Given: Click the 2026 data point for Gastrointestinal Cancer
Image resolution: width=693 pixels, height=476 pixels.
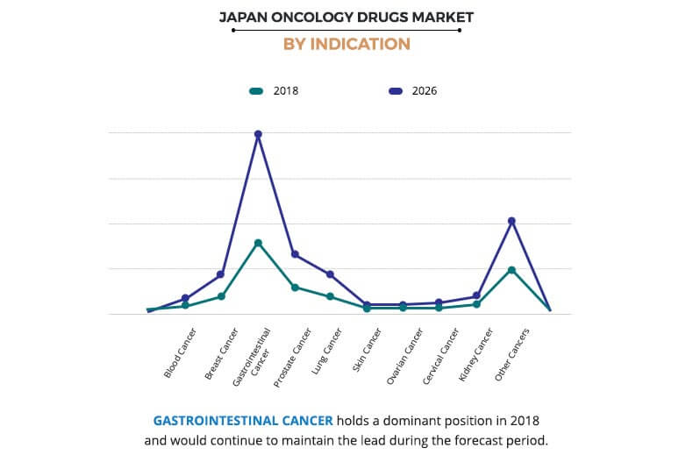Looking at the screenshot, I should tap(258, 134).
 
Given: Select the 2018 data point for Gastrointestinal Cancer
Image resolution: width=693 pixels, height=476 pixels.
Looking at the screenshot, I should tap(258, 243).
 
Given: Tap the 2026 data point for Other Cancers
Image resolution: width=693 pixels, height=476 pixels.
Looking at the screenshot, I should tap(511, 221).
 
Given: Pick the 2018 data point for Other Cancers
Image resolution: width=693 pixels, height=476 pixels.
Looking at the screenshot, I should tap(511, 270).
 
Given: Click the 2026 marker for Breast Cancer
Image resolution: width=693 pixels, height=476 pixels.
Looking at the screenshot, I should tap(221, 274).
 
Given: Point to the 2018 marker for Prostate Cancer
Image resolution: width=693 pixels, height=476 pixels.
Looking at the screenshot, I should tap(295, 288).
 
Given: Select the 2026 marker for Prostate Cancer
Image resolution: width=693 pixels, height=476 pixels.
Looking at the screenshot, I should tap(295, 254).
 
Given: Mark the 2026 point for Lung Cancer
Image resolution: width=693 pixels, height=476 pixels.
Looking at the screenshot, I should tap(330, 274).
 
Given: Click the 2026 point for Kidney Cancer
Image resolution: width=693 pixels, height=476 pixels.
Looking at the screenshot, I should tap(476, 295).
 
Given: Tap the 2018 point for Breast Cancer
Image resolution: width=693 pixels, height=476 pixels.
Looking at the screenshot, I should tap(221, 296).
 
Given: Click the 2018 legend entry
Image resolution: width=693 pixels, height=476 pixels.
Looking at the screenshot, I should tap(274, 90).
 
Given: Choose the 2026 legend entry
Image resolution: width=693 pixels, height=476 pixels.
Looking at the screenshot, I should tap(412, 90).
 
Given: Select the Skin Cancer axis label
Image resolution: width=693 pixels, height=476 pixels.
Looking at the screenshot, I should tap(367, 352).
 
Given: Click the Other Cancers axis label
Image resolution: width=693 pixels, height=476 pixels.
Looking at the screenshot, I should tap(511, 355).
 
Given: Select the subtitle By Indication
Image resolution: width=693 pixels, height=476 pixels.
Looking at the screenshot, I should tap(346, 44).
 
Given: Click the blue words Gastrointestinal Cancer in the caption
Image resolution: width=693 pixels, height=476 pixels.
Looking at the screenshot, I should tap(243, 420).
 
